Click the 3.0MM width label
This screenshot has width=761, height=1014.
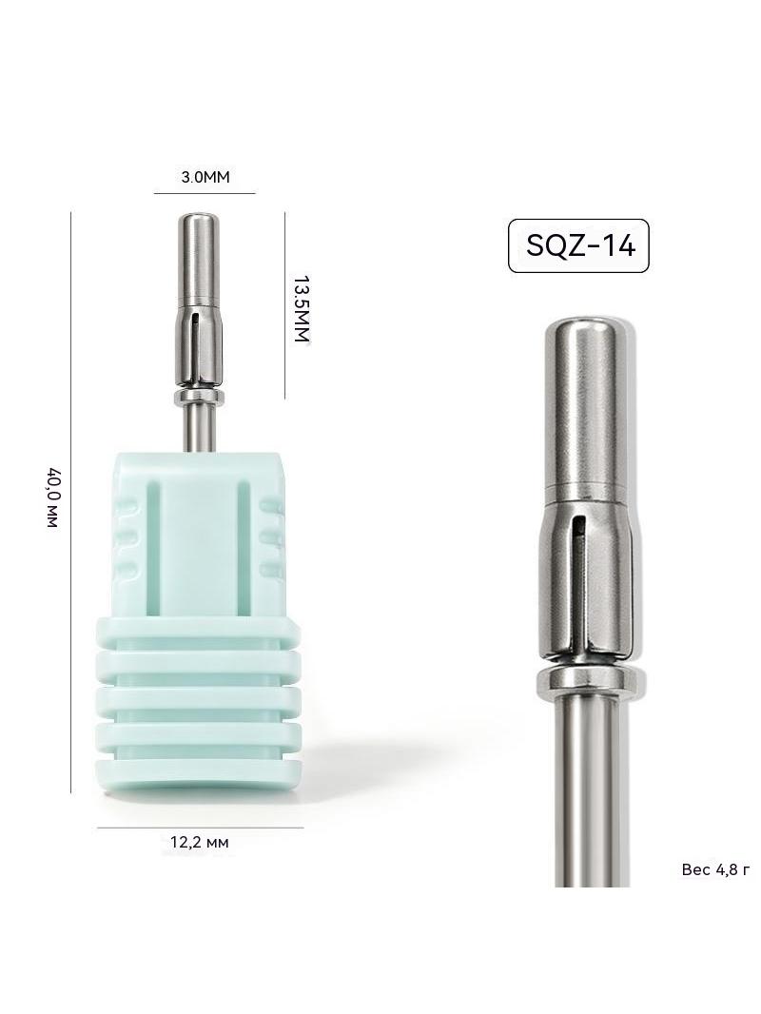[205, 177]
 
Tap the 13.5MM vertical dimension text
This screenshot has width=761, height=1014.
[302, 310]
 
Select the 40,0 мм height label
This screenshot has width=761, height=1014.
[53, 497]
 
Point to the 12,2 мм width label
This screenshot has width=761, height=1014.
[199, 842]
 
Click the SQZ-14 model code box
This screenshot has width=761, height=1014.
[578, 245]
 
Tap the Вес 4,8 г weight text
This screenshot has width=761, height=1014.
[715, 869]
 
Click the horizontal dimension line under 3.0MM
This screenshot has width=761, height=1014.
[205, 193]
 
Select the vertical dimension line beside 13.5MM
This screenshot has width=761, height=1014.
[284, 305]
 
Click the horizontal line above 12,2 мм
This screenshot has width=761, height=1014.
[200, 828]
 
